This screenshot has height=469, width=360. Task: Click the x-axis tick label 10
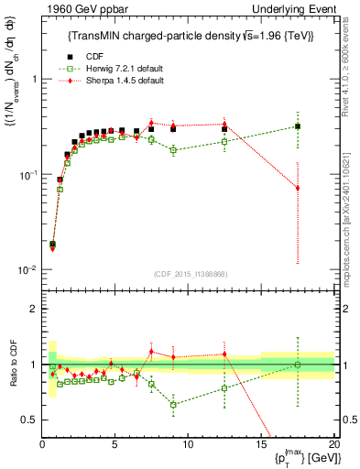[x=188, y=444]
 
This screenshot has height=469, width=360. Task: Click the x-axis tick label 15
[x=261, y=444]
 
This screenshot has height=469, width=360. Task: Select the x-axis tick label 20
[x=333, y=444]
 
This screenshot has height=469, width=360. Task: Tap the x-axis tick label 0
[x=42, y=444]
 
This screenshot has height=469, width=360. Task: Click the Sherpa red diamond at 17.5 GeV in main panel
[x=297, y=188]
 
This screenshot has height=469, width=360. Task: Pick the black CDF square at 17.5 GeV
[x=297, y=126]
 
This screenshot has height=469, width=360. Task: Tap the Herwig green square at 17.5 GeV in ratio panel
[x=297, y=365]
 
